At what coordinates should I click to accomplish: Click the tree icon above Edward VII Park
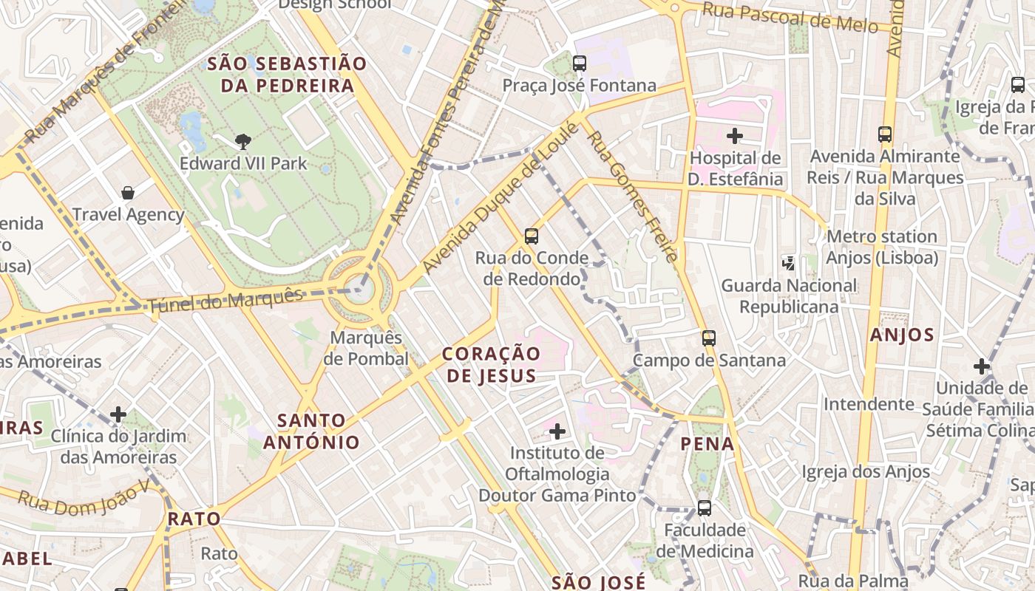(x=242, y=141)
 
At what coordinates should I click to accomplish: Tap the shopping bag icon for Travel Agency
(x=128, y=193)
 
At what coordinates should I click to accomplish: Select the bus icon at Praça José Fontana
(x=580, y=64)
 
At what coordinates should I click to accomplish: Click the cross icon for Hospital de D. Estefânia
(x=734, y=136)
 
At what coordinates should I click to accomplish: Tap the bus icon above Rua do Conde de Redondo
(x=531, y=236)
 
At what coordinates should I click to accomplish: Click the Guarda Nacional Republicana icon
(x=789, y=263)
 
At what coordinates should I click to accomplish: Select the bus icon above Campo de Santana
(x=708, y=338)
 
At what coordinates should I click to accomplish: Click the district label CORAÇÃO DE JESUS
(x=492, y=364)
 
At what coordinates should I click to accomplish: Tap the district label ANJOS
(x=902, y=335)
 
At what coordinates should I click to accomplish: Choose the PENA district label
(x=707, y=444)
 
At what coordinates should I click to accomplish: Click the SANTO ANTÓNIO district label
(x=311, y=431)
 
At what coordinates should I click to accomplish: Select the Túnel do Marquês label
(x=225, y=300)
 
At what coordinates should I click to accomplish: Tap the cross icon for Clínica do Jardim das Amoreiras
(x=118, y=414)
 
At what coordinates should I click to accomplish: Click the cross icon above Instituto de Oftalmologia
(x=557, y=431)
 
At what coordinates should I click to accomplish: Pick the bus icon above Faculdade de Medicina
(x=704, y=508)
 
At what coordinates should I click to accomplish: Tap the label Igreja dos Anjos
(x=866, y=471)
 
